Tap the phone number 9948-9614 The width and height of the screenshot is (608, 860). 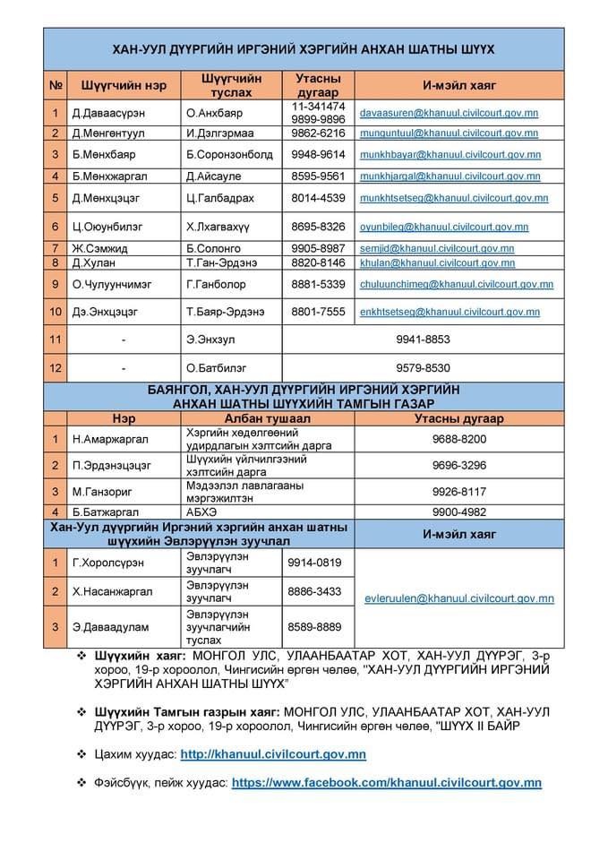[x=318, y=153]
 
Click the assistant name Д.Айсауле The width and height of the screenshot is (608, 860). [x=215, y=176]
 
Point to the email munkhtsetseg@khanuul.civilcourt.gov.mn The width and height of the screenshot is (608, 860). [x=454, y=198]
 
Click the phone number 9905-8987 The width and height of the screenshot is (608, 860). [x=318, y=248]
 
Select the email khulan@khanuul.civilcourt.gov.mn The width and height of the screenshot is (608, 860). [x=437, y=263]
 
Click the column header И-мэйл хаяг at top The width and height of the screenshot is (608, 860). [x=459, y=85]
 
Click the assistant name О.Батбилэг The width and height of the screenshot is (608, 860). [x=216, y=367]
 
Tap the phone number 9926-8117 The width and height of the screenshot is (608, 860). [x=458, y=491]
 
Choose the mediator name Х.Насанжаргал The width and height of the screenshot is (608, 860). [x=112, y=591]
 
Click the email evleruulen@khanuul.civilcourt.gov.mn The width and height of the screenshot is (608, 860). [x=459, y=598]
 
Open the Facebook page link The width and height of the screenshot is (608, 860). [x=387, y=782]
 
